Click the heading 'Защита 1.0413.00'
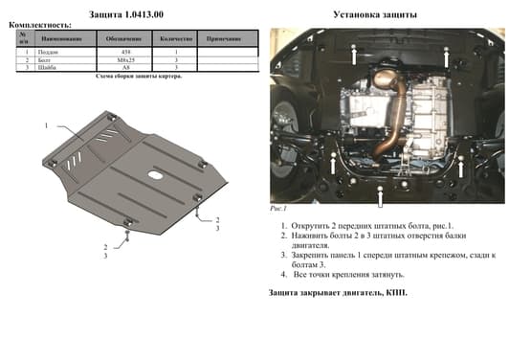coord(127,14)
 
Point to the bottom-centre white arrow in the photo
coord(382,196)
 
